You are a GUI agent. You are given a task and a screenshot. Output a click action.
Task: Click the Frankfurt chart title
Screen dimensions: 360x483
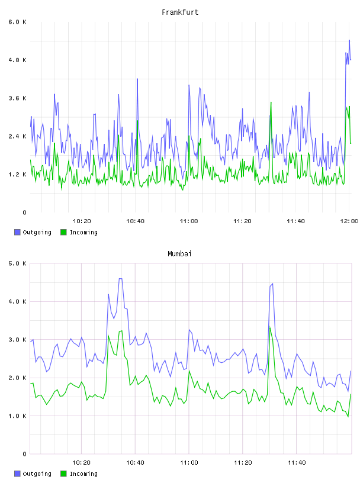[x=180, y=12]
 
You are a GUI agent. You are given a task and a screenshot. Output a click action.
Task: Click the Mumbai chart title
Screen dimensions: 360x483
[x=179, y=254]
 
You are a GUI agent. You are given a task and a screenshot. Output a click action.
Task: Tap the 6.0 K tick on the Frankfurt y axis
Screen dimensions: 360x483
[x=17, y=22]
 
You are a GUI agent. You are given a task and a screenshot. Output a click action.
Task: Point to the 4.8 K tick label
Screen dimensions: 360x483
[x=17, y=60]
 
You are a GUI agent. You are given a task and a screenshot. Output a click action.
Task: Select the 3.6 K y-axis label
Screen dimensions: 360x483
[x=17, y=98]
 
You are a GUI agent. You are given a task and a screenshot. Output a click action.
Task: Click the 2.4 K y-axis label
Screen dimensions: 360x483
[x=17, y=137]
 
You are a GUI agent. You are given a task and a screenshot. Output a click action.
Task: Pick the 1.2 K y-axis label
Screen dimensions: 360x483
[x=17, y=175]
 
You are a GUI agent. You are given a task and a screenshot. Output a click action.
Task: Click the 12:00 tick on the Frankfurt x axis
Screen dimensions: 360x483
[x=349, y=221]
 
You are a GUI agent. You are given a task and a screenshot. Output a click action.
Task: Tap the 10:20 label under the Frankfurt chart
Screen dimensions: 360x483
[x=82, y=221]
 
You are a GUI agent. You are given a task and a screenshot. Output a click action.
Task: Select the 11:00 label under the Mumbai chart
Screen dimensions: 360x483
[x=189, y=463]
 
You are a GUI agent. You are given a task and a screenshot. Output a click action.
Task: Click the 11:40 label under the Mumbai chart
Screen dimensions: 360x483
[x=297, y=463]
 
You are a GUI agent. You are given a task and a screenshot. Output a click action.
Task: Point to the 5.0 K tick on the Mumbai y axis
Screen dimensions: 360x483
[x=17, y=263]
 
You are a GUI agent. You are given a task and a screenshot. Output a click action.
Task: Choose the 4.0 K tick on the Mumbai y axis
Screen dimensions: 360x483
[x=17, y=301]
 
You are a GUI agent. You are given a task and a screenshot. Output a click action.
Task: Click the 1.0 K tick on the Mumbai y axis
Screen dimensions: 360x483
[x=17, y=416]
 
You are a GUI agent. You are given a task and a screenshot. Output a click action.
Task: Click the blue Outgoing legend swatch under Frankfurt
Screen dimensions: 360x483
[x=17, y=232]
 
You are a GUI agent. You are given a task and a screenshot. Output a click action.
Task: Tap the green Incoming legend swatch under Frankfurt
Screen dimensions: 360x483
[x=63, y=232]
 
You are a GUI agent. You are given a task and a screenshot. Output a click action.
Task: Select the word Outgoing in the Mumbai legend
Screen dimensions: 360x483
[x=37, y=474]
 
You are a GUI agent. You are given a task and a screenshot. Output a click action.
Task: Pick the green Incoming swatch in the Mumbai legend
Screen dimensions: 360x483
[x=63, y=474]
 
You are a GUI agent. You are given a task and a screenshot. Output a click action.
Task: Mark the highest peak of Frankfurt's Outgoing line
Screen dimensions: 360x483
[x=349, y=40]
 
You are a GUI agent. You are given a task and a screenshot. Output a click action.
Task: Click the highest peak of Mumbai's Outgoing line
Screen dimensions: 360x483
[x=121, y=278]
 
